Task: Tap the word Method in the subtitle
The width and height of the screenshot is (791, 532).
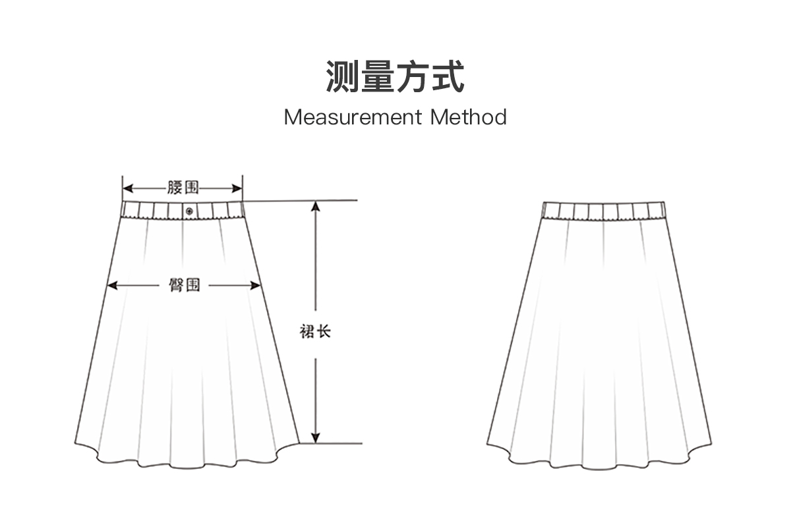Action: click(469, 118)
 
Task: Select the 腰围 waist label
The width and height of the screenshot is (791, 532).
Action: click(183, 188)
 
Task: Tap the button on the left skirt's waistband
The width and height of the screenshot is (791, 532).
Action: click(189, 211)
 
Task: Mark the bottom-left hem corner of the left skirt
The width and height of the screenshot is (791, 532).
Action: click(74, 442)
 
